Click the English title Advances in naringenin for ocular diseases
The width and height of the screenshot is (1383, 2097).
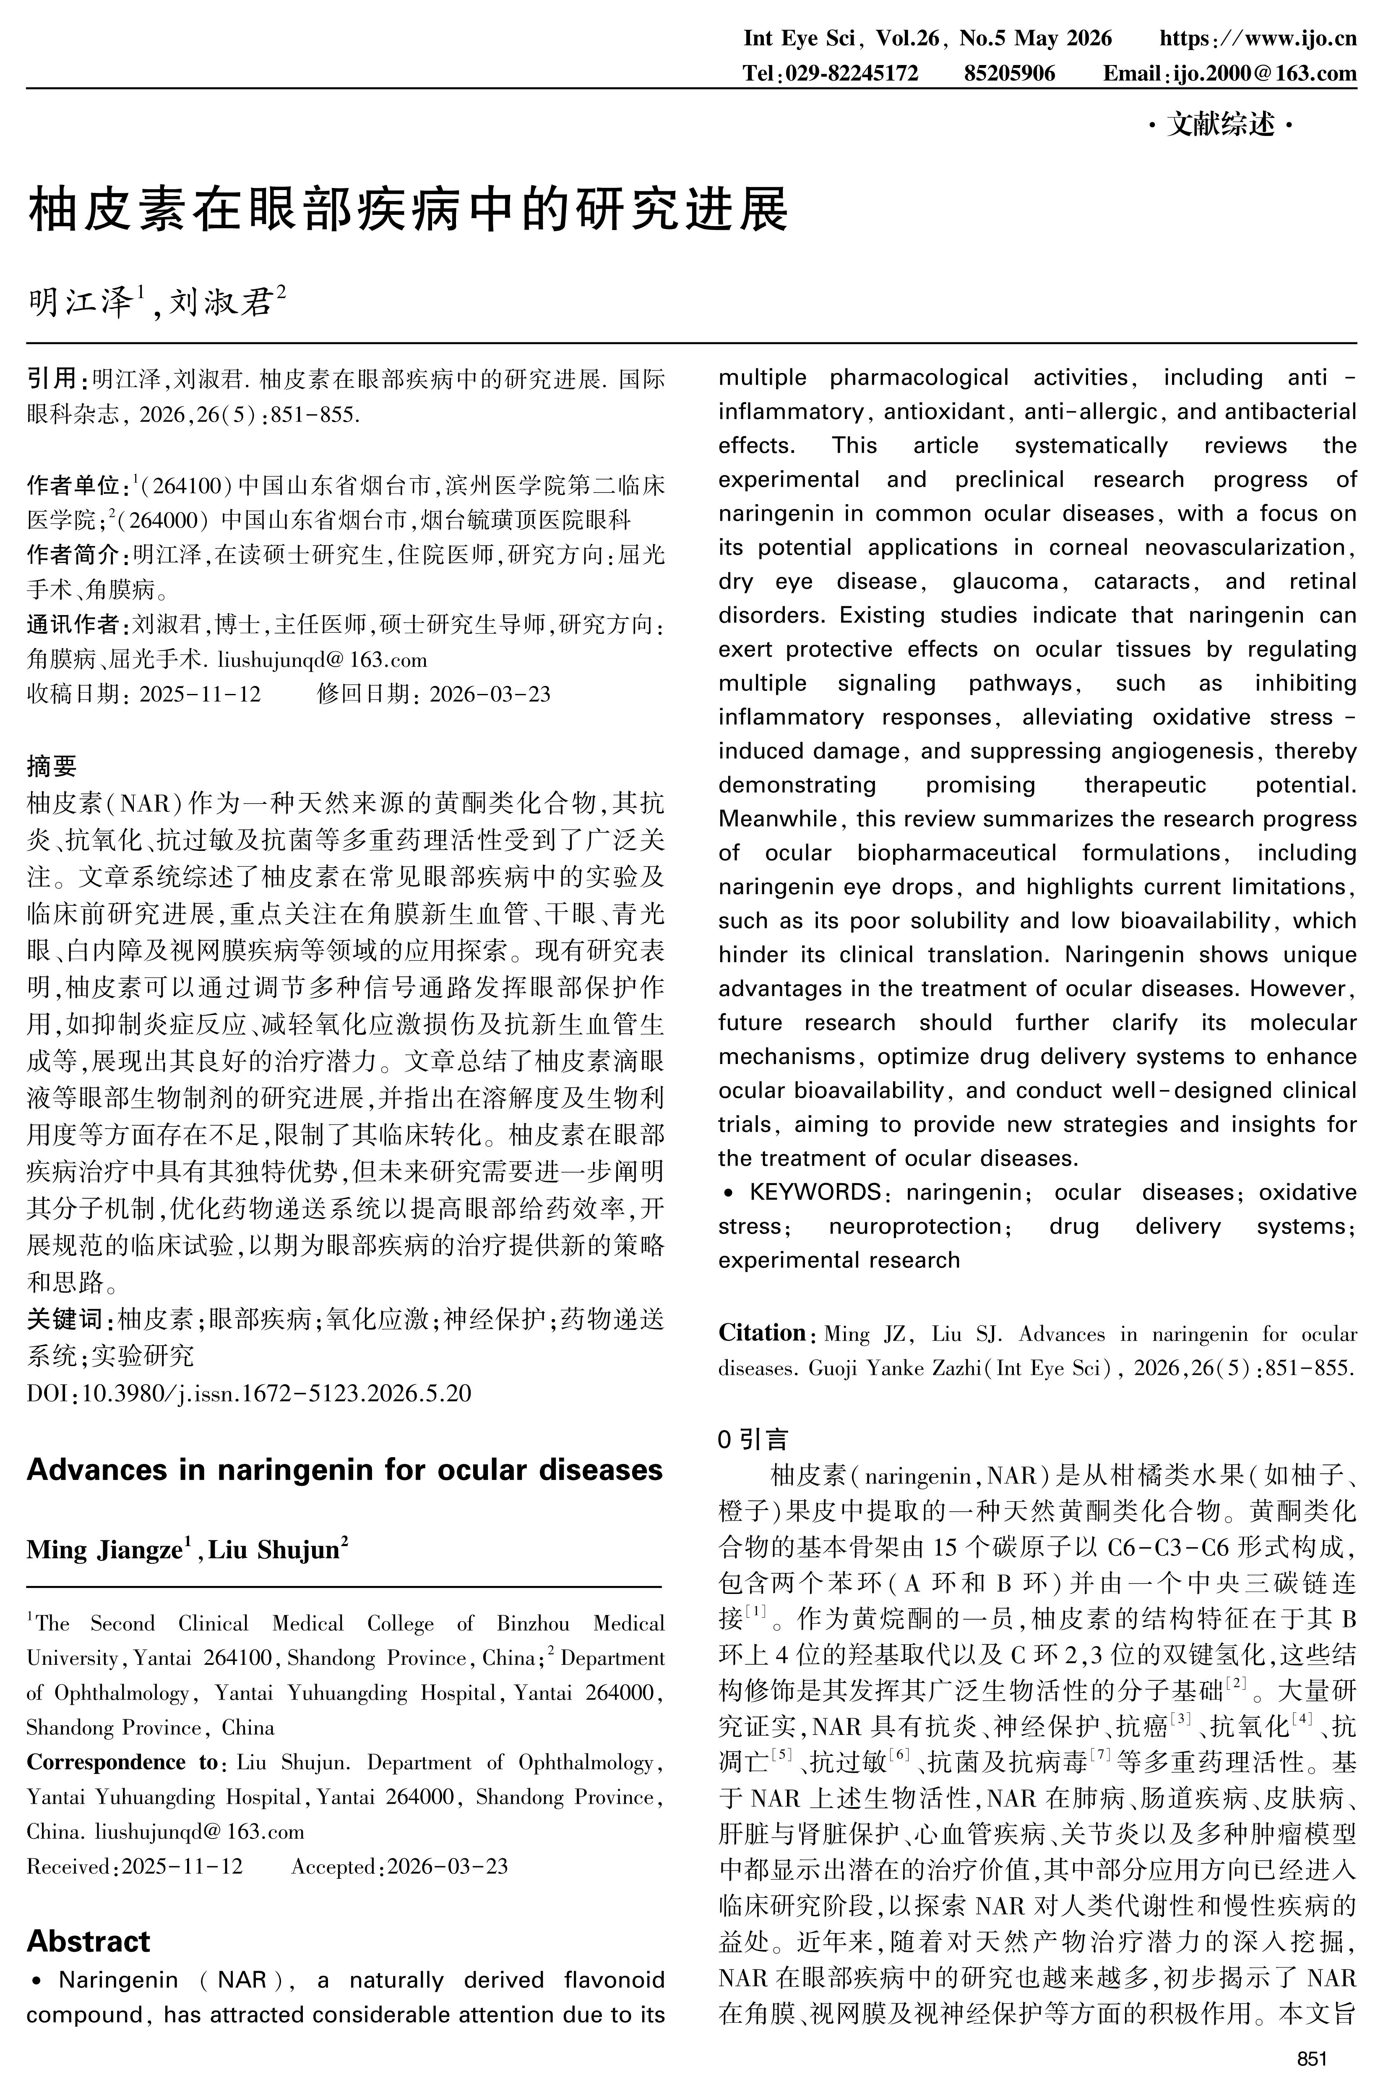point(344,1470)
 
